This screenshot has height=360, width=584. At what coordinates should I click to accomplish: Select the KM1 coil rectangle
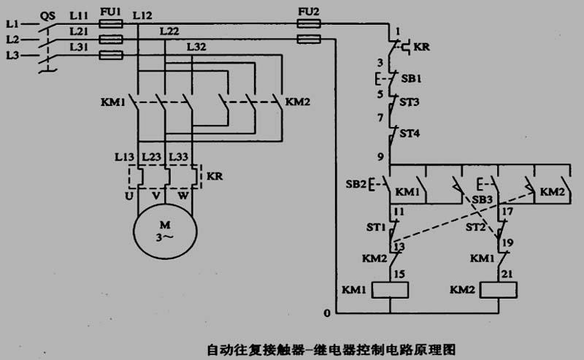[390, 283]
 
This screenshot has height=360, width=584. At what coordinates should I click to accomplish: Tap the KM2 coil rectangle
[499, 283]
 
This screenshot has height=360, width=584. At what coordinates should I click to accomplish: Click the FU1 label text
[111, 12]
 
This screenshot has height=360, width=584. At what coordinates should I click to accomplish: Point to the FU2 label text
[309, 12]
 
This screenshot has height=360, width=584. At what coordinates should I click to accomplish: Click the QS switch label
[47, 16]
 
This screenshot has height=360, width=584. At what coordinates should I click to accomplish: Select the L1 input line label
[12, 24]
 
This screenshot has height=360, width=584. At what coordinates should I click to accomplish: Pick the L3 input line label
[12, 55]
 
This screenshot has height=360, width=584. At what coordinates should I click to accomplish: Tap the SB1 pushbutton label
[411, 79]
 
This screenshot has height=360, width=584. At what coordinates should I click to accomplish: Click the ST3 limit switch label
[410, 102]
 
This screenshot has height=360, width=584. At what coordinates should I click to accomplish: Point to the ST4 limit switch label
[410, 133]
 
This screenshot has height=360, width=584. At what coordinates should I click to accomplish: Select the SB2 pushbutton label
[356, 184]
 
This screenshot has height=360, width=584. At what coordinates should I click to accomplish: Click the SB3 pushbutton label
[483, 200]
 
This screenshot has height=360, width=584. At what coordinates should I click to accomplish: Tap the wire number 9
[380, 156]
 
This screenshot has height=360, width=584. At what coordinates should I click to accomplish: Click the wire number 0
[327, 313]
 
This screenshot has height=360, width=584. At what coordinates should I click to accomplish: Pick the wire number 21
[507, 274]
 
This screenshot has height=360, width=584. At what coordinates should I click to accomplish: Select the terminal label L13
[124, 157]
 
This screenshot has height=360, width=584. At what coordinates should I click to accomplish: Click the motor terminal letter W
[183, 195]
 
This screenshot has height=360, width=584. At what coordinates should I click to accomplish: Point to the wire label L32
[196, 47]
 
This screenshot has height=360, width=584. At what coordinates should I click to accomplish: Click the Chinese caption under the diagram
[331, 350]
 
